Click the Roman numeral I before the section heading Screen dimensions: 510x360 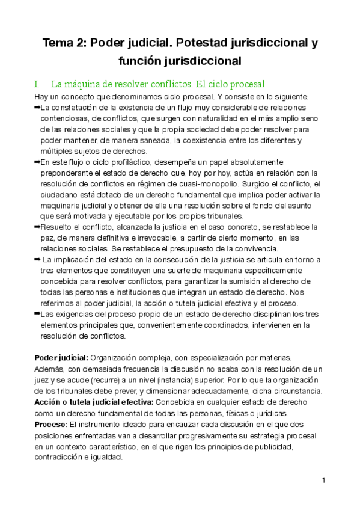[37, 84]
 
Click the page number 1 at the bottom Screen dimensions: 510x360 [323, 481]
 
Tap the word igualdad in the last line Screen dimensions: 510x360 [106, 457]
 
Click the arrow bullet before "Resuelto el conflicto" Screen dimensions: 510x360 [37, 226]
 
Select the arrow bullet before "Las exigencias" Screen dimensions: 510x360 [37, 314]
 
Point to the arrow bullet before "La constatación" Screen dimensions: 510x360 [37, 107]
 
